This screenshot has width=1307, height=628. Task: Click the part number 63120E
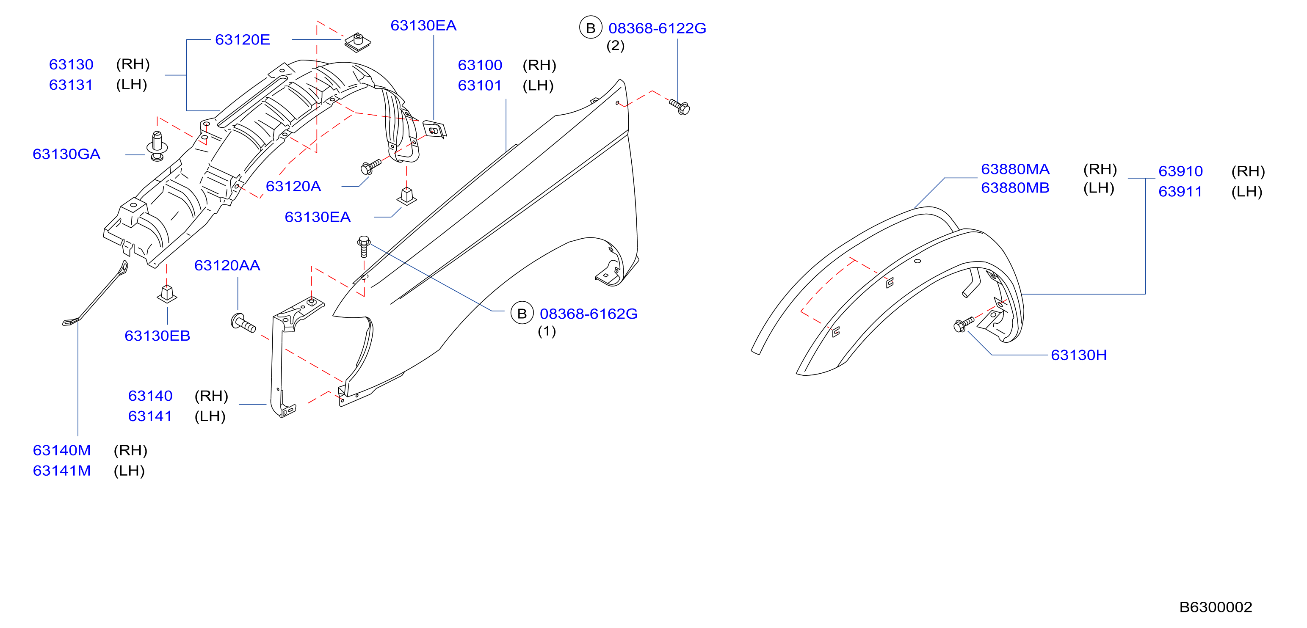[x=243, y=39]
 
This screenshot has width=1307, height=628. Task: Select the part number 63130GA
[x=66, y=154]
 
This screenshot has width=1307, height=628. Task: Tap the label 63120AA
[x=227, y=265]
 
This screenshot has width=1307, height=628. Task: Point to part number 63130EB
[x=157, y=336]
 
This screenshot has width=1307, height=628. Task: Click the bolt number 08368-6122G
[x=657, y=28]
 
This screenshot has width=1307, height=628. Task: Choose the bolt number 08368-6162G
[x=589, y=314]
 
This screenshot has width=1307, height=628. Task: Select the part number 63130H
[x=1079, y=355]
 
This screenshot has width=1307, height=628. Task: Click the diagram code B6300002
[x=1216, y=607]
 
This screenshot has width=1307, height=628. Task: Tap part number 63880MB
[x=1015, y=188]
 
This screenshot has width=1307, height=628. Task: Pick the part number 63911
[x=1180, y=192]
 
